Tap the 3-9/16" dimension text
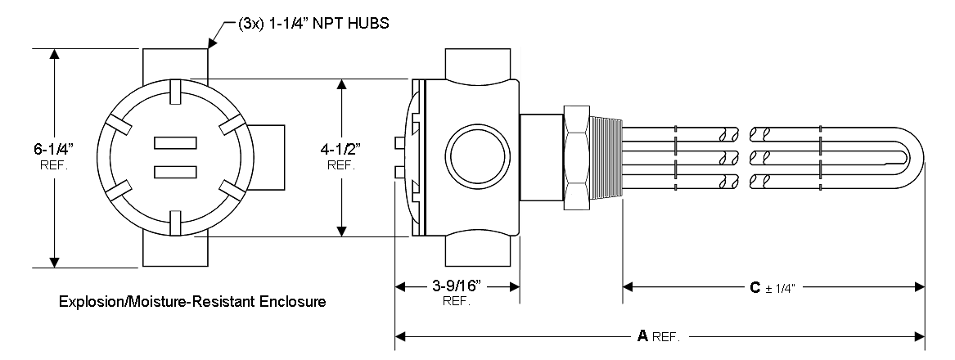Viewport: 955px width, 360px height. tap(457, 287)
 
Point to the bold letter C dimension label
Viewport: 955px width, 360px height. tap(756, 288)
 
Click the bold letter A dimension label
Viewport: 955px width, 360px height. tap(642, 335)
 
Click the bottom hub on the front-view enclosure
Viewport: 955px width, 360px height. tap(174, 250)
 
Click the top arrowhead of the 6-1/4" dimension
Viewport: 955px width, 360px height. tap(55, 55)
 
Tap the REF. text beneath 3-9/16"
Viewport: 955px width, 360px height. tap(457, 302)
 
